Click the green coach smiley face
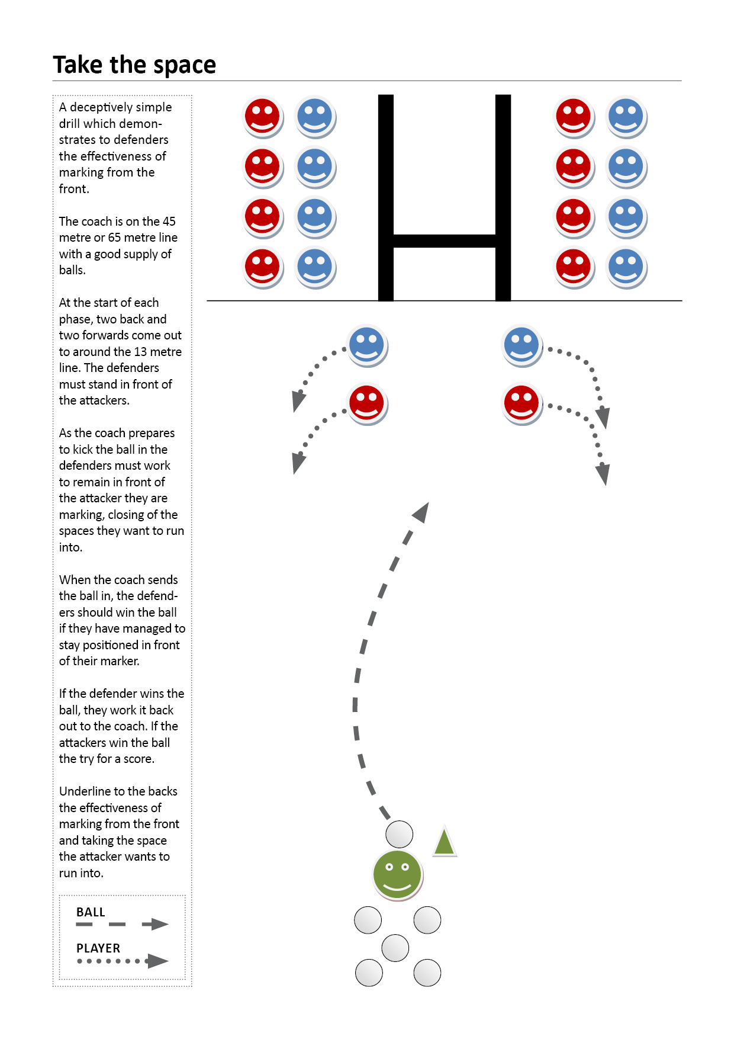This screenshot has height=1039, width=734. coord(397,874)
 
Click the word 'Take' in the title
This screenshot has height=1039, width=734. coord(78,65)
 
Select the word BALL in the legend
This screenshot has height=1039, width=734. coord(91,912)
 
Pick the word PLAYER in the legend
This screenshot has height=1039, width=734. coord(98,948)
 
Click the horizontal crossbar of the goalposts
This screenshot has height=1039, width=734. coord(444,241)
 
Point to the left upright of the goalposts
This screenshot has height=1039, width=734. coord(386,197)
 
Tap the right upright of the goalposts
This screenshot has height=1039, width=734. coord(503,197)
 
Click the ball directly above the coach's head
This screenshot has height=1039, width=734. coord(400,835)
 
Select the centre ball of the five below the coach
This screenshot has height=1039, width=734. coord(395,948)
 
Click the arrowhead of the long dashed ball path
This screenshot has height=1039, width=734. coord(421,512)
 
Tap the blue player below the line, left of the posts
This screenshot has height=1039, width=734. coord(367,346)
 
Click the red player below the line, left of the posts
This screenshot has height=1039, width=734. coord(367,404)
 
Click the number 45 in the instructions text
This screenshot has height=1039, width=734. coord(169,222)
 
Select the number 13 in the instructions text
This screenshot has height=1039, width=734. coord(141,352)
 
